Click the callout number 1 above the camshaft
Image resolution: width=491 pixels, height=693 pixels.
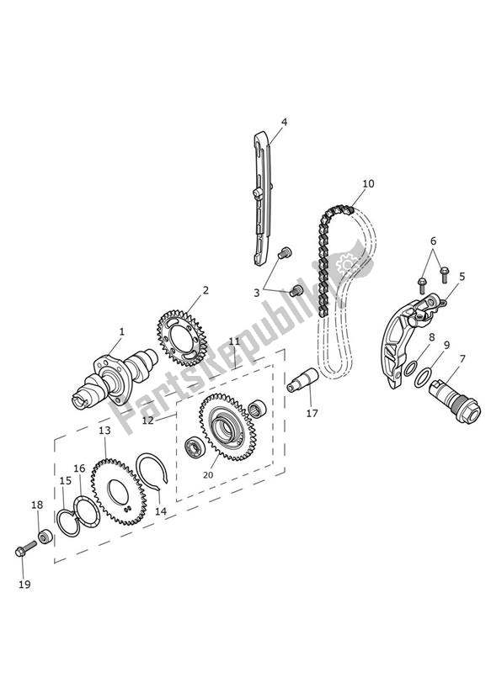(x=121, y=331)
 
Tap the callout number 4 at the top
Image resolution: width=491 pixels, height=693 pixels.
(x=284, y=121)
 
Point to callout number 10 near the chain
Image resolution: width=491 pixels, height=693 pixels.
(x=368, y=183)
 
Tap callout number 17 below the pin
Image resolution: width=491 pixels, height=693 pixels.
(x=312, y=413)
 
